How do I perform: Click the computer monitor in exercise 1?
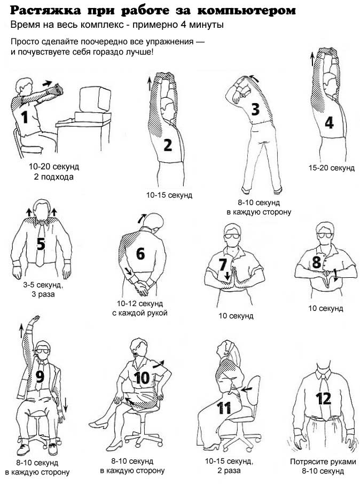pos(95,99)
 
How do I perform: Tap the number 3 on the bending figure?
pos(255,110)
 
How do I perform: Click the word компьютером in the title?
pos(246,11)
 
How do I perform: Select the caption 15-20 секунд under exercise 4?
pos(332,168)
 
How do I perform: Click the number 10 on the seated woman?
pos(142,378)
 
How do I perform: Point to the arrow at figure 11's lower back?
pos(247,389)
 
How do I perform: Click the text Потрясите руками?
pos(323,462)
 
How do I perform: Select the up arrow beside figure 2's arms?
pos(150,84)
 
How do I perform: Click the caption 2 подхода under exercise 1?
pos(54,177)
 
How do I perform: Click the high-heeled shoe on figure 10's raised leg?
pos(98,424)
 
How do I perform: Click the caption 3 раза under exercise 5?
pos(43,294)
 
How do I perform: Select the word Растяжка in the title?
pos(46,11)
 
